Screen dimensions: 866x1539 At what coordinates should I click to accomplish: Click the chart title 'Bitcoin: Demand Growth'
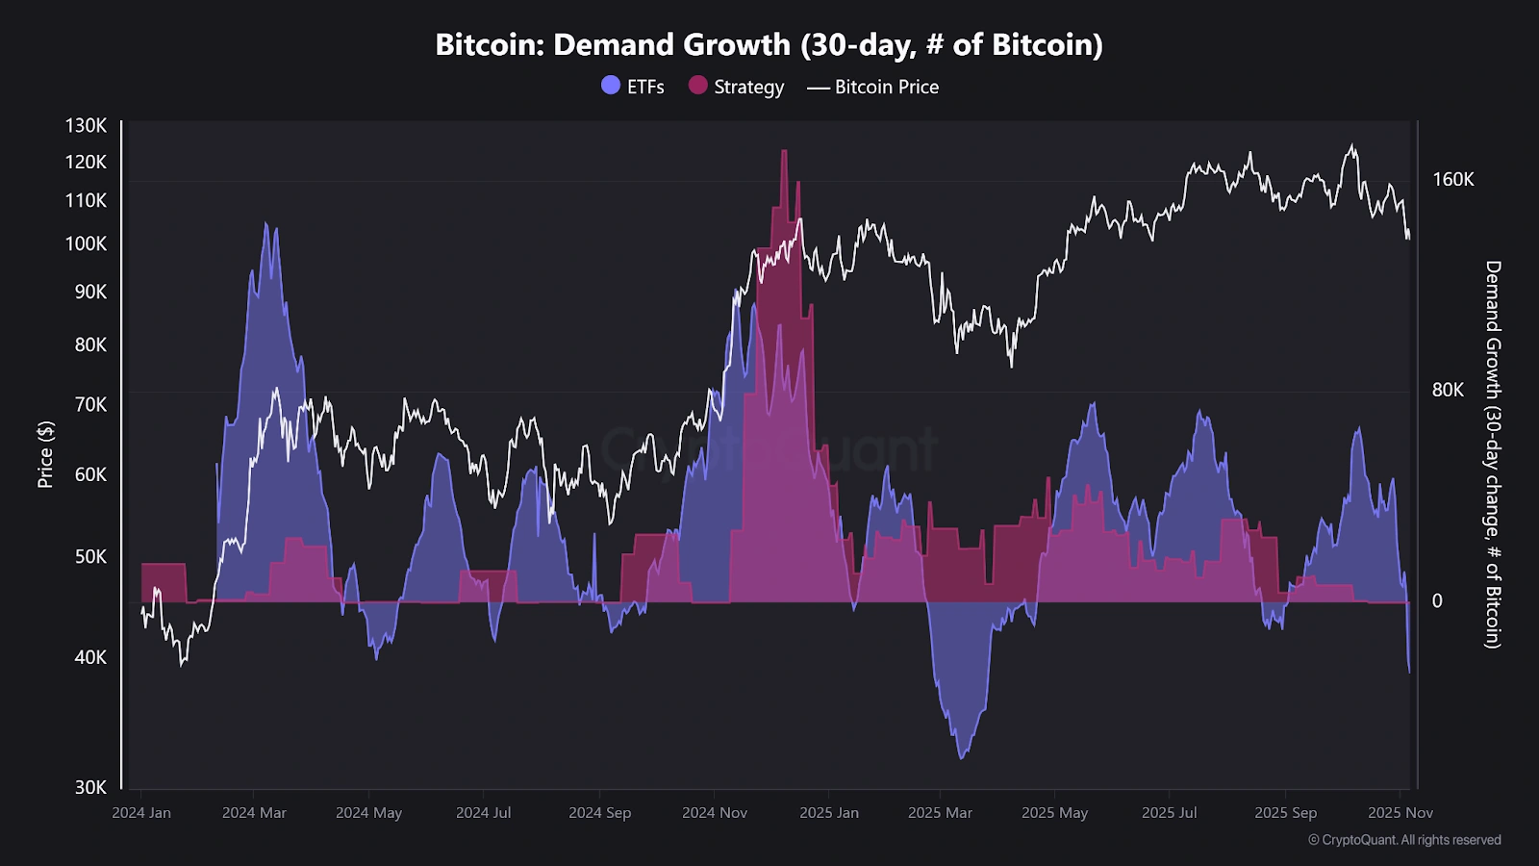(x=769, y=44)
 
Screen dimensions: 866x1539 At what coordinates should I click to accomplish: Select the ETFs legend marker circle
(x=611, y=86)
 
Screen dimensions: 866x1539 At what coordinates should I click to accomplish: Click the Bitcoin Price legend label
(x=886, y=87)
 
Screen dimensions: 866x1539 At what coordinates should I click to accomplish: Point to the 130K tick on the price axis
(x=86, y=126)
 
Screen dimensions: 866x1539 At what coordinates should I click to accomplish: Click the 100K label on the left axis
(x=86, y=243)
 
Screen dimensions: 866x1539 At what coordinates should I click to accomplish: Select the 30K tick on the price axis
(x=90, y=787)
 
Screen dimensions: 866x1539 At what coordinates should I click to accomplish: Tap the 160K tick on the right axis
(x=1452, y=180)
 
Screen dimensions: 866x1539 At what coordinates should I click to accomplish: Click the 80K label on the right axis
(x=1448, y=390)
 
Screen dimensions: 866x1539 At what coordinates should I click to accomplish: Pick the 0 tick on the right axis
(x=1437, y=601)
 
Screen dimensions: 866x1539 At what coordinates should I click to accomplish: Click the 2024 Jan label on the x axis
(x=141, y=813)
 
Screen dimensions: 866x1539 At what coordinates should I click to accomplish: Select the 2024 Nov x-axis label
(x=715, y=813)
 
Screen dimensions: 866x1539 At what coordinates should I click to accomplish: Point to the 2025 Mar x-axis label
(x=940, y=813)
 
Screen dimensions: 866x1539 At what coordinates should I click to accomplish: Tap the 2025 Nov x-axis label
(x=1400, y=813)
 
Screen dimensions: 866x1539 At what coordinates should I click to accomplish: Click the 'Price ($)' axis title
(x=45, y=454)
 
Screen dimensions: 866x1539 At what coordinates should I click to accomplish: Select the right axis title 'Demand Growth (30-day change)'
(x=1492, y=454)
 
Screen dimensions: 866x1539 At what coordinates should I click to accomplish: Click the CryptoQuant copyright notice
(x=1404, y=840)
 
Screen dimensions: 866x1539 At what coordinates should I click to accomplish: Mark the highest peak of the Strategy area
(x=784, y=151)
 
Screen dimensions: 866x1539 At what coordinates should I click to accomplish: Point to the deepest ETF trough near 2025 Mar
(x=962, y=758)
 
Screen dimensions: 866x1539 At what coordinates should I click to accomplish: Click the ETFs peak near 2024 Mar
(x=266, y=223)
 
